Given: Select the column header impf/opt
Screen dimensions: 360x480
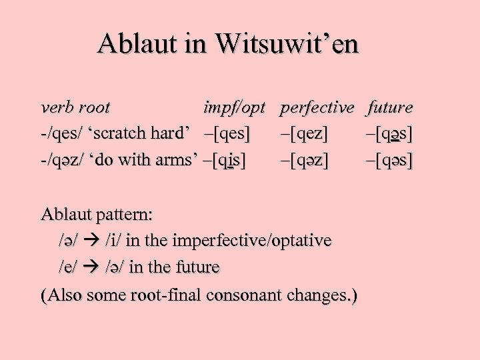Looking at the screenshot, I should (x=235, y=107).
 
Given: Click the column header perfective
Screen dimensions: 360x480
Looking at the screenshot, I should (x=317, y=107).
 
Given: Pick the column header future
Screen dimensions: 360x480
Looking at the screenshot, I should (x=390, y=107).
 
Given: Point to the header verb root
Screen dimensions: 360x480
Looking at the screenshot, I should (x=75, y=107).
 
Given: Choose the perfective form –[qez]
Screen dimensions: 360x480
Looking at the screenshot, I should (x=304, y=134).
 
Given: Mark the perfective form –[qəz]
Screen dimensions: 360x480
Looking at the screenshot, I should (x=304, y=161).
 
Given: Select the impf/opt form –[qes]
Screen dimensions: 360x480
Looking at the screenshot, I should (x=227, y=134).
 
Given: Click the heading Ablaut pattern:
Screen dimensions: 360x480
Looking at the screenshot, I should (x=97, y=215).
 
